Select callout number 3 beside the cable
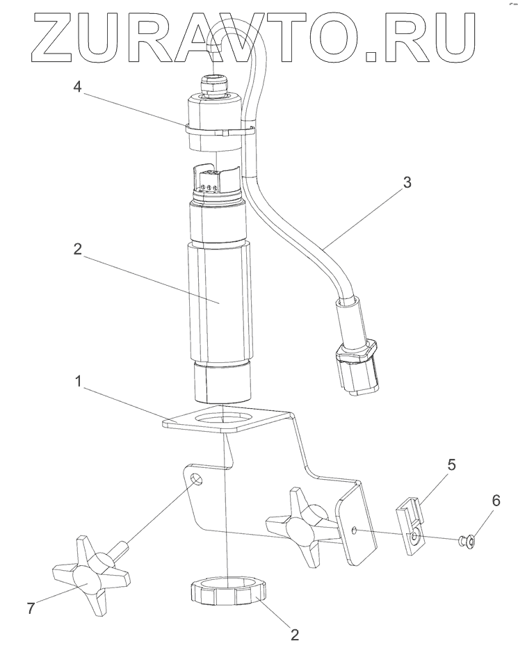click(407, 183)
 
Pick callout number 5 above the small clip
click(451, 464)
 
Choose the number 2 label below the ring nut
click(294, 634)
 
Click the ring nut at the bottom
click(227, 594)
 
